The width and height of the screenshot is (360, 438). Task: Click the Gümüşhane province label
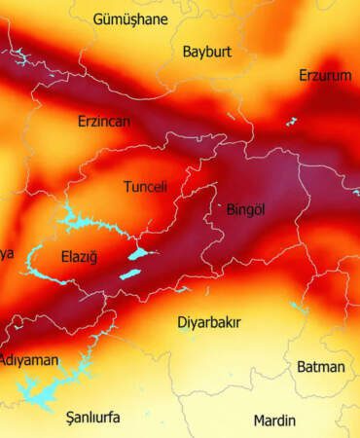pos(130,18)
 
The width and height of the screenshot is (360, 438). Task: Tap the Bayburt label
pos(207,52)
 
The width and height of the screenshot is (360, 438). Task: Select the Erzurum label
pos(325,75)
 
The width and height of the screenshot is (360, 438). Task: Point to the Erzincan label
pos(104,122)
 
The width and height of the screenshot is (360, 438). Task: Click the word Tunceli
pos(145,186)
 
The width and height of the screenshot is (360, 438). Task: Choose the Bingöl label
pos(245,208)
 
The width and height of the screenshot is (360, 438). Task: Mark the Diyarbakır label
pos(209,321)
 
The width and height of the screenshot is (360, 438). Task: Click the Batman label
pos(320,366)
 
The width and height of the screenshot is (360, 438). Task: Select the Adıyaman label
pos(29,360)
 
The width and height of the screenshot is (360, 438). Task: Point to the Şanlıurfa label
pos(92,418)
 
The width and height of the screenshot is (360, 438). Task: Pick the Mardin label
pos(274,420)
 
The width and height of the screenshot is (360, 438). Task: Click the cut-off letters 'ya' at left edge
pos(7,254)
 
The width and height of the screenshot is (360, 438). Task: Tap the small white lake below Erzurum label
pos(291,122)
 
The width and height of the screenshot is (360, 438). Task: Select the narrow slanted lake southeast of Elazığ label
pos(129,274)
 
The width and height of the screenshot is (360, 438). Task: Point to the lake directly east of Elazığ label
pos(138,254)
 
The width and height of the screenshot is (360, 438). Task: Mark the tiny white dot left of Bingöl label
pos(219,205)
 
